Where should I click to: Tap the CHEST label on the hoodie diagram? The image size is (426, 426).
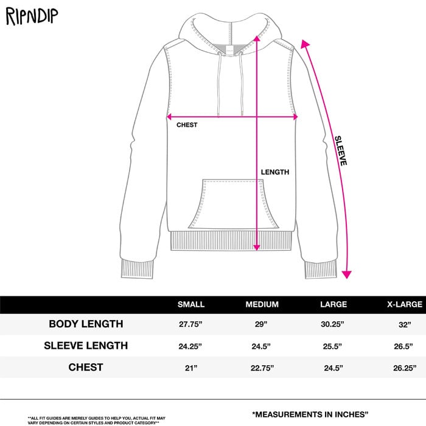coord(187,125)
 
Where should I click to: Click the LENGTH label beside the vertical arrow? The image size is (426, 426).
coord(275,172)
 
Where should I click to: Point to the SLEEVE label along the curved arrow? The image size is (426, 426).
coord(342,150)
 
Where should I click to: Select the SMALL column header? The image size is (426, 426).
coord(191,304)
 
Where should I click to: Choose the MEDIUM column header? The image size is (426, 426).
coord(262,304)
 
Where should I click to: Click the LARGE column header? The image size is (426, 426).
coord(333,304)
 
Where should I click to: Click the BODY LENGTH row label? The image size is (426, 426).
coord(86,324)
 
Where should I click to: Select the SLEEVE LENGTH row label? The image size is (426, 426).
coord(86,346)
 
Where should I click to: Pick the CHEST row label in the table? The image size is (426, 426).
coord(86,367)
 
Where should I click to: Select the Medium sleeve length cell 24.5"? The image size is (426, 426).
coord(262,346)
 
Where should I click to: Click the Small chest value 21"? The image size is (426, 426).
coord(191,368)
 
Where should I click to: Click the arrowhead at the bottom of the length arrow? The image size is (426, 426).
coord(257,246)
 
